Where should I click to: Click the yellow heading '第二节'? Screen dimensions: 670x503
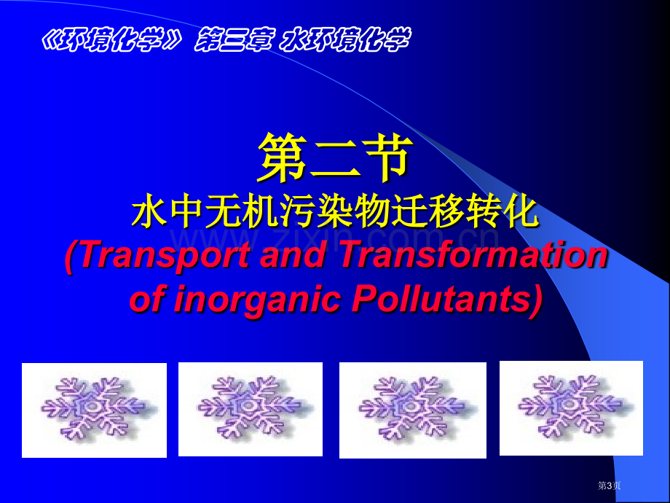(x=335, y=157)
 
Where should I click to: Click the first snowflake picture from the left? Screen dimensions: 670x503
(x=94, y=410)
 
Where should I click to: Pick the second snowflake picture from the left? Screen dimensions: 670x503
(x=251, y=410)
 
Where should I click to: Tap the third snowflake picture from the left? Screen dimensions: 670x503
(x=413, y=410)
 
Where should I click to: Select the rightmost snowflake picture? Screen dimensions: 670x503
(x=571, y=408)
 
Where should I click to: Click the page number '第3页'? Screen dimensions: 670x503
(x=609, y=486)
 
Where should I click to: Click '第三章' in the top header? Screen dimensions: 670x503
(x=233, y=40)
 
